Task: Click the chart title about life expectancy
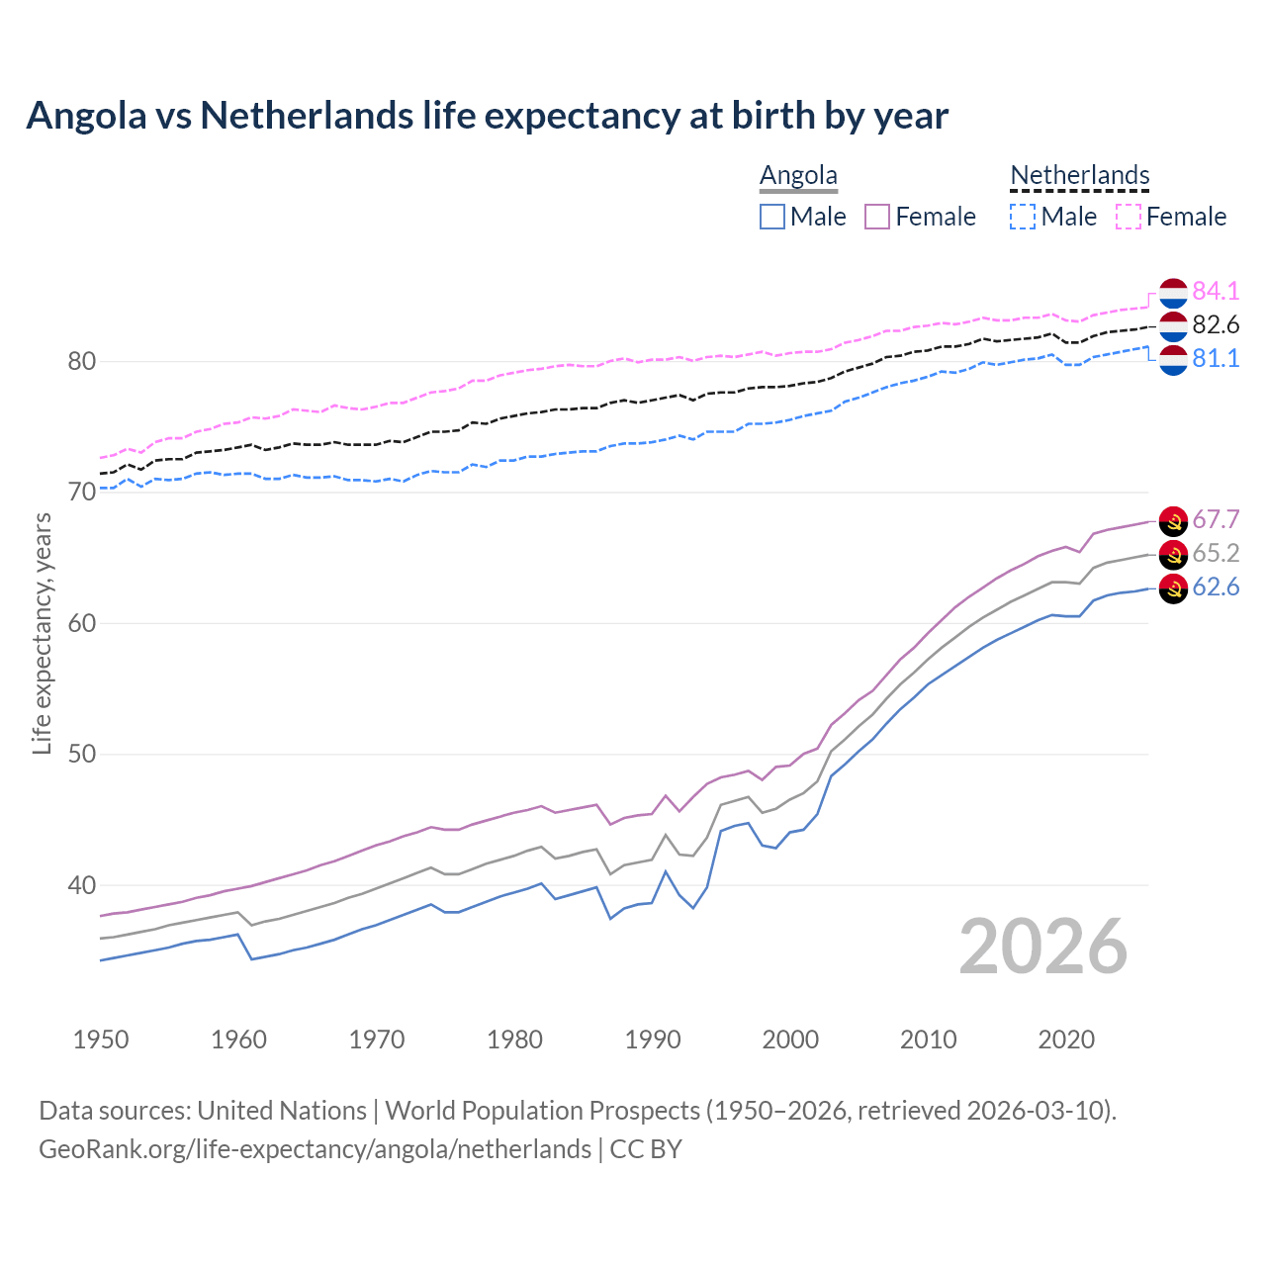(x=487, y=116)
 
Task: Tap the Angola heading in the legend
(x=798, y=175)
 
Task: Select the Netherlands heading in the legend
(x=1079, y=175)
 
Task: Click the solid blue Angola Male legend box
(x=772, y=217)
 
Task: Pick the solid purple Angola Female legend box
(x=877, y=217)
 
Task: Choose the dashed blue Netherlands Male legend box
(x=1023, y=217)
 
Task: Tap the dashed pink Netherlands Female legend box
(x=1129, y=217)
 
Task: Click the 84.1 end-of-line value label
(x=1216, y=291)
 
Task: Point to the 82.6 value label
(x=1216, y=324)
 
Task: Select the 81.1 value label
(x=1216, y=358)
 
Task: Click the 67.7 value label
(x=1216, y=519)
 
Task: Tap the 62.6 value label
(x=1216, y=587)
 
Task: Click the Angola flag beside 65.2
(x=1173, y=554)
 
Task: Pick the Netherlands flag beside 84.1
(x=1173, y=293)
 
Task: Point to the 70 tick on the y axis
(x=81, y=492)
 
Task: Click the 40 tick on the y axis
(x=81, y=885)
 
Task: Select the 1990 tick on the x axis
(x=653, y=1040)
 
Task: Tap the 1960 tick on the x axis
(x=239, y=1040)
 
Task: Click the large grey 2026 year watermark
(x=1042, y=947)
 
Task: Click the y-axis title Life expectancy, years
(x=43, y=633)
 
